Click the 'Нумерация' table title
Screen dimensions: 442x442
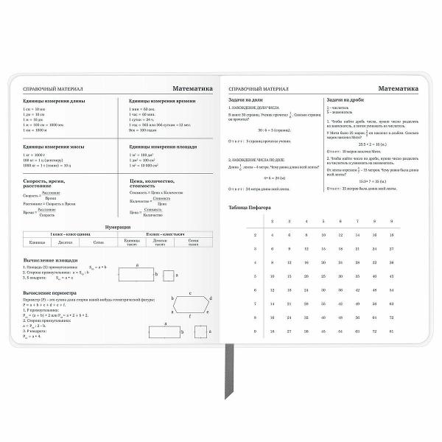coord(118,226)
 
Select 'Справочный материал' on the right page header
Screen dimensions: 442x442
coord(258,88)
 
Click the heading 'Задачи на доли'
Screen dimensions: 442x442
coord(247,99)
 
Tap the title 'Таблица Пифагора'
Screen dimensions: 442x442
coord(250,207)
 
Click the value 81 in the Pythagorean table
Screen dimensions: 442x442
coord(392,331)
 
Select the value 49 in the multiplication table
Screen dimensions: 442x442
coord(357,304)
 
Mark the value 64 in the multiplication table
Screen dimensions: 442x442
coord(374,317)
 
